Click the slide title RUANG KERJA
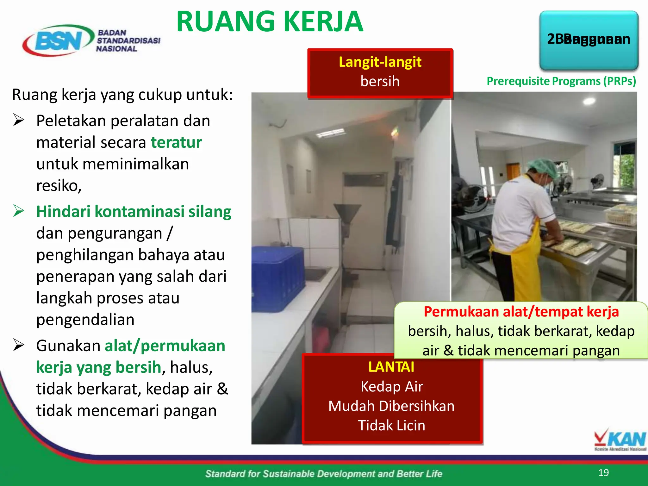270,22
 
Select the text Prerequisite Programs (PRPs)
561,81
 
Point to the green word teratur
176,142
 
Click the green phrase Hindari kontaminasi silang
134,211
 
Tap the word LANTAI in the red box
391,367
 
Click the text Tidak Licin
391,425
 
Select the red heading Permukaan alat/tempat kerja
521,312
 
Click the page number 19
603,472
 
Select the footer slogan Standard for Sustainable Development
323,474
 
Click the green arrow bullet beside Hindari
19,211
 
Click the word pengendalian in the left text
85,320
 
